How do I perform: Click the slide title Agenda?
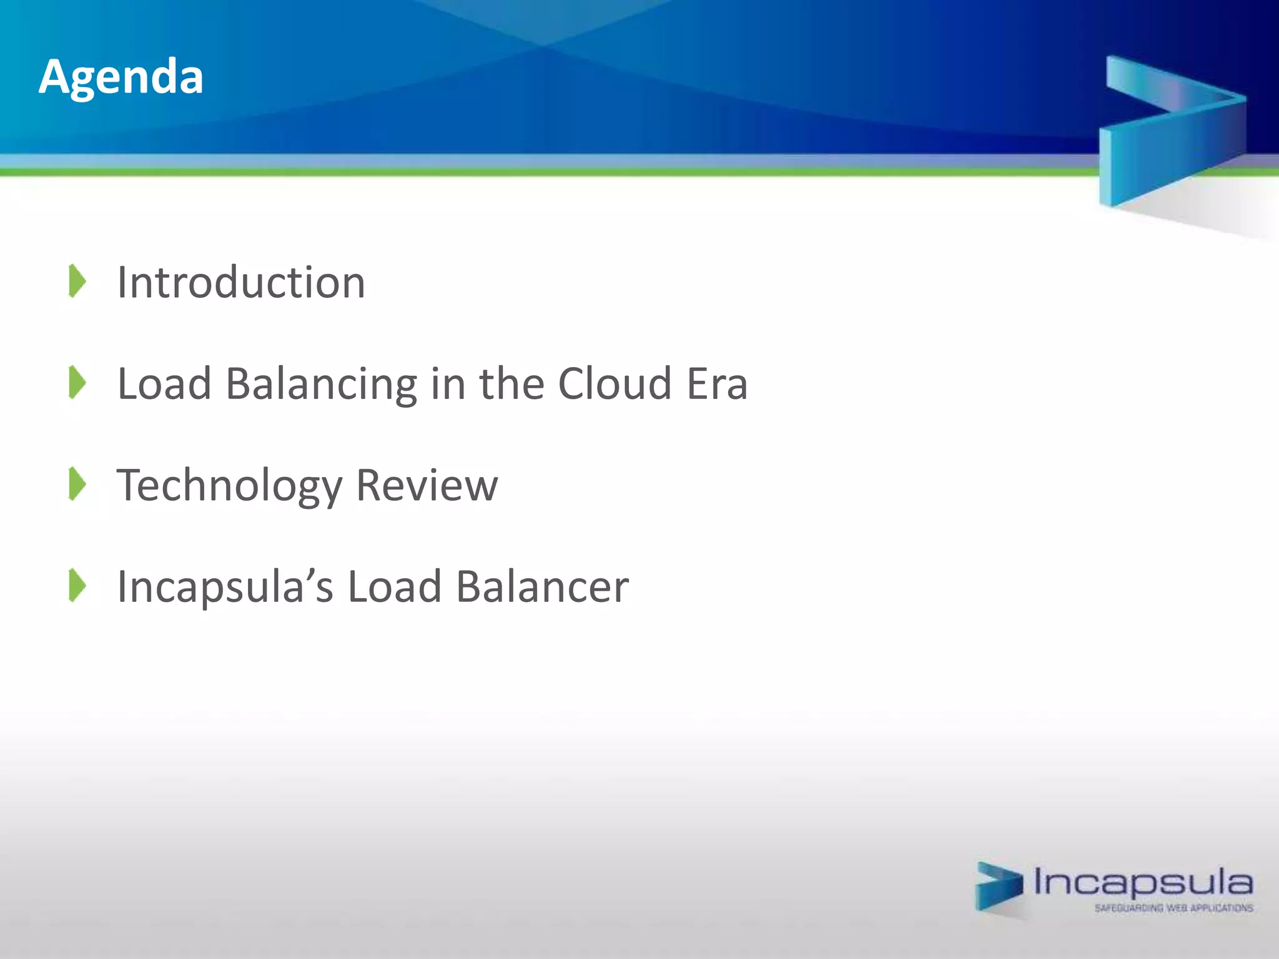[121, 77]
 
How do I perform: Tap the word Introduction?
[241, 282]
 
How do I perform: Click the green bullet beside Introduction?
[77, 281]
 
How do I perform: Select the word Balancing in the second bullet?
[321, 384]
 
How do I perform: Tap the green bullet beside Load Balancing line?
[77, 382]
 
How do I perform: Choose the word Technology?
[230, 486]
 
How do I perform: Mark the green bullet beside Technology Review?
[77, 484]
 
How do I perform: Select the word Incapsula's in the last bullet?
[225, 587]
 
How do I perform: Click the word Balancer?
[542, 587]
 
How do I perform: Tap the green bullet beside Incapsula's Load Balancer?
[77, 586]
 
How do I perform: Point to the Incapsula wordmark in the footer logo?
[1143, 882]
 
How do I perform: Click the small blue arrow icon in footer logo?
[999, 887]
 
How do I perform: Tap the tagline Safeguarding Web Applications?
[1173, 908]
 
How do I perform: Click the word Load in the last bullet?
[395, 587]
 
